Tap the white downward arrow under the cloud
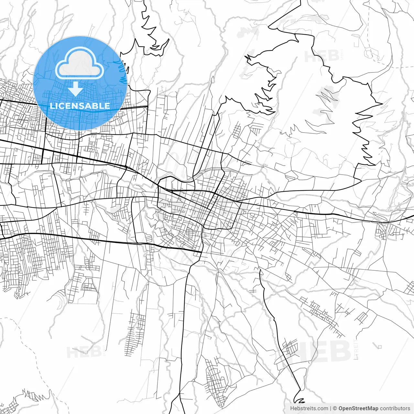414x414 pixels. (76, 89)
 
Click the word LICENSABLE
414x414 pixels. (80, 106)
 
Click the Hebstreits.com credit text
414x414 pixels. (309, 409)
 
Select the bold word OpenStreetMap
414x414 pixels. (358, 409)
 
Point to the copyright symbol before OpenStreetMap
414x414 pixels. (335, 409)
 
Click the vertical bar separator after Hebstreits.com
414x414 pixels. (330, 409)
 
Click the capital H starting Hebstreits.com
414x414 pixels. (292, 409)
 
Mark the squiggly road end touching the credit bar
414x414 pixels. (299, 400)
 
